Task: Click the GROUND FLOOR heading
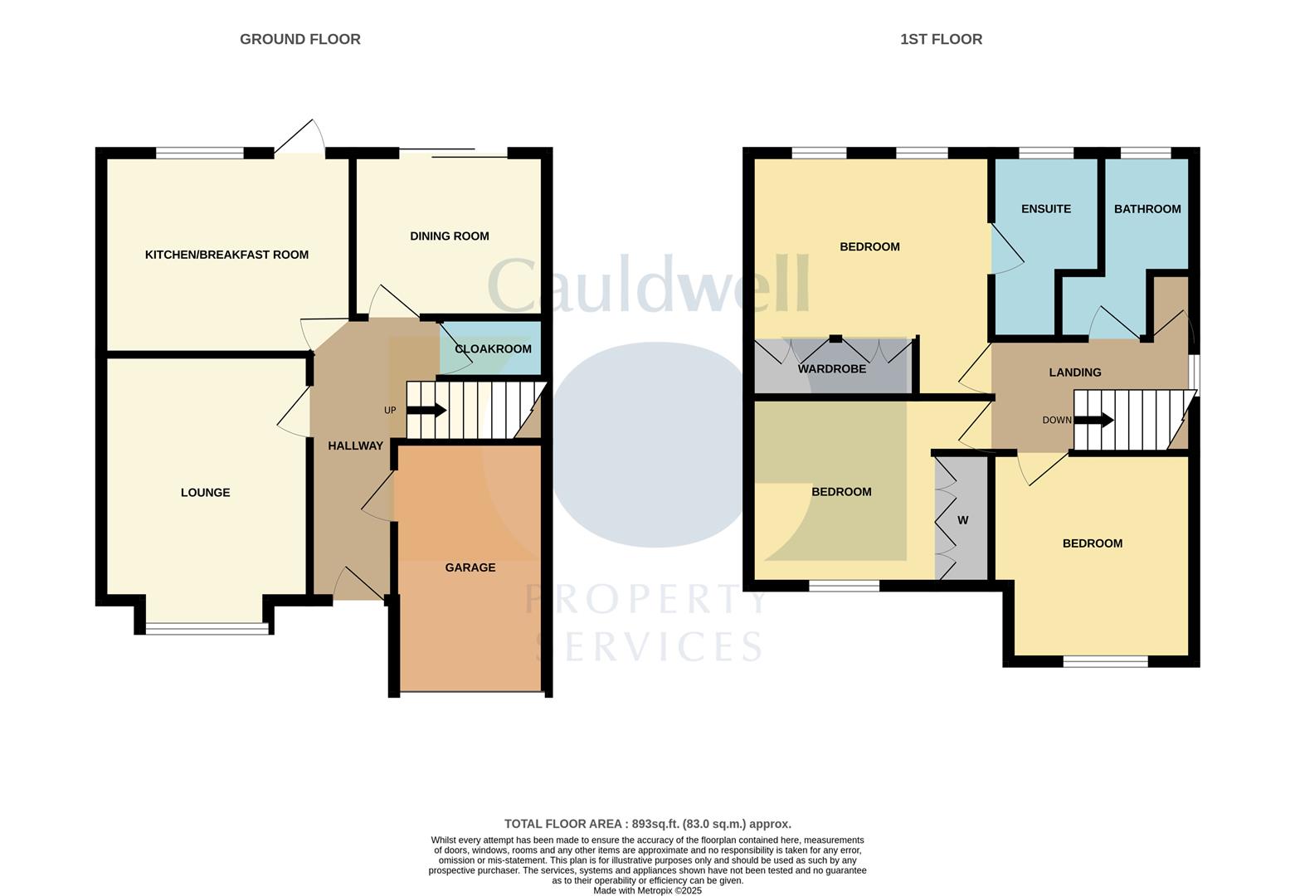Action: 299,39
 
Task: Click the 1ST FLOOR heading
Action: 941,39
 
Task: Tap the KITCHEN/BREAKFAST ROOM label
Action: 226,255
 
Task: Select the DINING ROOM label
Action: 449,236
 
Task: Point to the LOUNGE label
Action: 205,493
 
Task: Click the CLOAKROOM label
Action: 493,349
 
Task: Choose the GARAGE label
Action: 470,567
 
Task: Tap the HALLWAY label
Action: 355,446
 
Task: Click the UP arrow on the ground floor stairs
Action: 426,411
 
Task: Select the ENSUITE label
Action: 1045,209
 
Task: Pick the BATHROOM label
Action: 1147,209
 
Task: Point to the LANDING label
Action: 1074,373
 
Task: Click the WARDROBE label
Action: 831,369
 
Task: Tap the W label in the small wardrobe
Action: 962,521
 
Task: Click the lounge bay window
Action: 207,629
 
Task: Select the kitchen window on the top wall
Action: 200,153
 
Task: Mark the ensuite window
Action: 1045,153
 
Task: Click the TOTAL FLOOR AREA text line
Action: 647,824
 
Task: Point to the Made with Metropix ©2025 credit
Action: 647,890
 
